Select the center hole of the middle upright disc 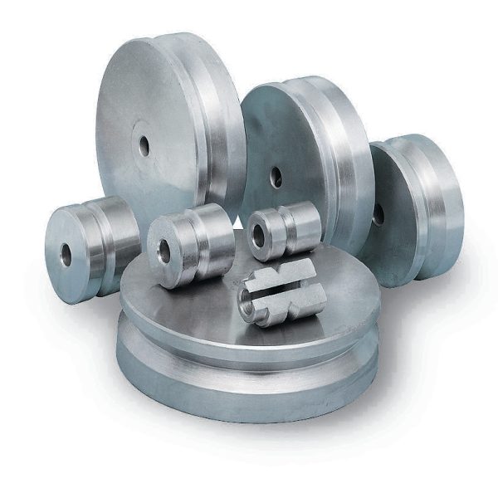click(277, 177)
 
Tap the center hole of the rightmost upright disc click(378, 214)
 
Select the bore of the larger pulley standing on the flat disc click(164, 251)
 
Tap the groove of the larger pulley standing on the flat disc click(204, 241)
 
